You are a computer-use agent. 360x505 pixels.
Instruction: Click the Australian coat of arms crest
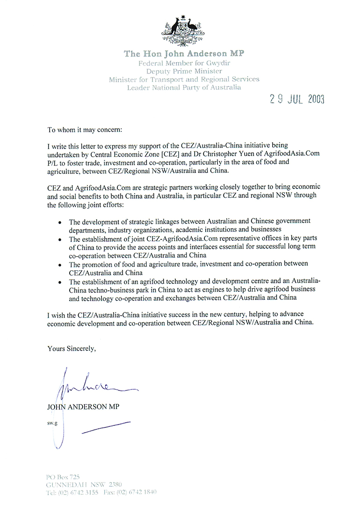183,31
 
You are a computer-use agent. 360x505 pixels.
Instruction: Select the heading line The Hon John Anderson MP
184,54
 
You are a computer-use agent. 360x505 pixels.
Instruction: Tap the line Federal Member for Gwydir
183,63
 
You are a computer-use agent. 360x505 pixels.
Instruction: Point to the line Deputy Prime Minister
183,71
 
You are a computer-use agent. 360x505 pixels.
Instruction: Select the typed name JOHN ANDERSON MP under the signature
83,407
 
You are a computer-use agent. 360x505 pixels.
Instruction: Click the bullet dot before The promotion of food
60,265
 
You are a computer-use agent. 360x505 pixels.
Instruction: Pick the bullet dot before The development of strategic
60,222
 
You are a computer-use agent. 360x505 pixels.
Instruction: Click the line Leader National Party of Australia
184,87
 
